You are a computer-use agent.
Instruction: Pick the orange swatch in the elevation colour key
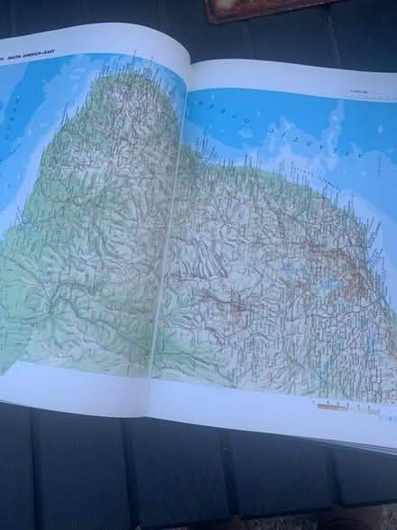pyautogui.click(x=330, y=406)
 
